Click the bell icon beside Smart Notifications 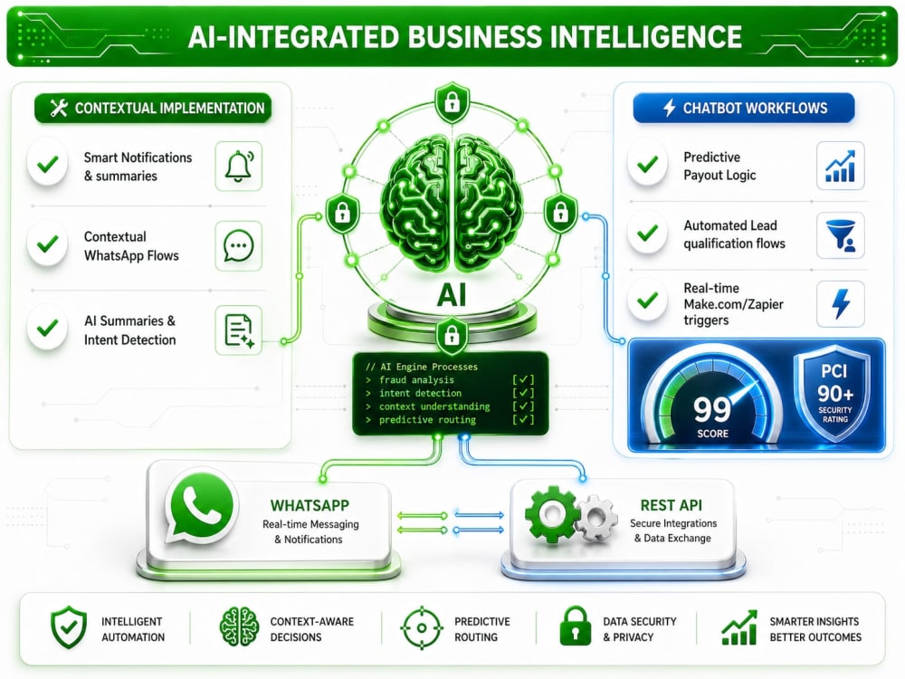pyautogui.click(x=238, y=167)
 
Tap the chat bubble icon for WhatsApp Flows pyautogui.click(x=238, y=246)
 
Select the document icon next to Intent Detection pyautogui.click(x=238, y=330)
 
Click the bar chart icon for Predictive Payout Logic pyautogui.click(x=841, y=166)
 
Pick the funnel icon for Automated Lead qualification pyautogui.click(x=841, y=235)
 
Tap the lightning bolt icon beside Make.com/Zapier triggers pyautogui.click(x=841, y=303)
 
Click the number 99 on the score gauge pyautogui.click(x=712, y=409)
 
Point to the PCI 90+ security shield pyautogui.click(x=834, y=393)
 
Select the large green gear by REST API pyautogui.click(x=551, y=513)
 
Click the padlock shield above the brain pyautogui.click(x=452, y=103)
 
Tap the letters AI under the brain pyautogui.click(x=452, y=295)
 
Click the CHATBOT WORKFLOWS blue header pyautogui.click(x=743, y=108)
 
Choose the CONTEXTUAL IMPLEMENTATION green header pyautogui.click(x=153, y=108)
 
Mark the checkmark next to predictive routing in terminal pyautogui.click(x=523, y=420)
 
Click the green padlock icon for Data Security pyautogui.click(x=576, y=626)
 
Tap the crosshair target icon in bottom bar pyautogui.click(x=422, y=627)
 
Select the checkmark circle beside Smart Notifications pyautogui.click(x=48, y=165)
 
